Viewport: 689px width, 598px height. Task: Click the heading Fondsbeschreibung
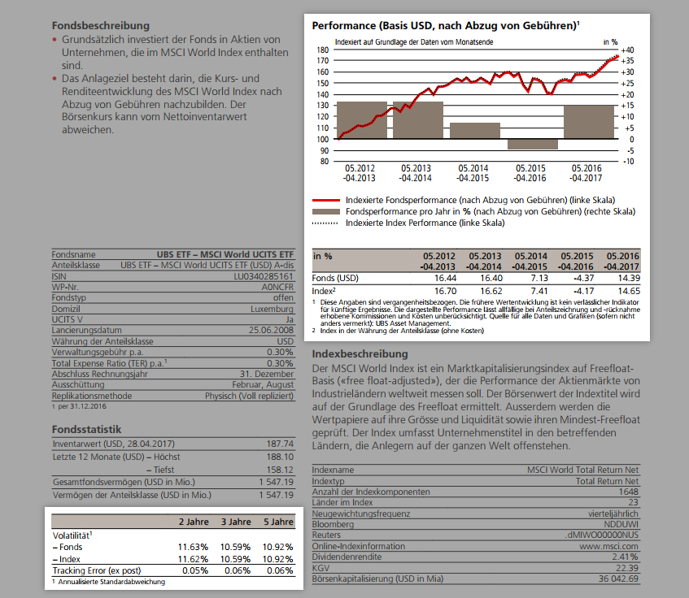click(x=100, y=26)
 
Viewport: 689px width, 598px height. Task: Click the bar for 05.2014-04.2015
click(x=475, y=130)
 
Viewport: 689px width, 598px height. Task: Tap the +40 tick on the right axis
click(x=626, y=50)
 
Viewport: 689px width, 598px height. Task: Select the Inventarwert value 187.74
click(x=279, y=444)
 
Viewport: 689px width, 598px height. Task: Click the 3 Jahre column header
click(x=236, y=522)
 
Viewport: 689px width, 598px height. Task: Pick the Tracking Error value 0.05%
click(x=193, y=570)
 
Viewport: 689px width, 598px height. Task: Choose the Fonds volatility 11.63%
click(x=193, y=547)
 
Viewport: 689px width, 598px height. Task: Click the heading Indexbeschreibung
click(x=360, y=355)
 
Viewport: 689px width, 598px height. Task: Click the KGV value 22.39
click(x=626, y=568)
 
